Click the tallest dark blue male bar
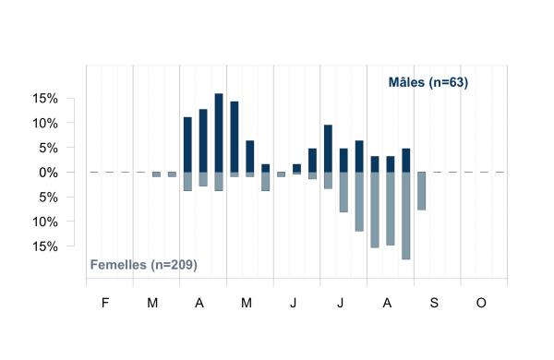coord(219,133)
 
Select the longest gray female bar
coord(406,216)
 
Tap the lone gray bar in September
coord(422,191)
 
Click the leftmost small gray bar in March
coord(157,174)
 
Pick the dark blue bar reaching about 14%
coord(235,137)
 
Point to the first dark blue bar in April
coord(187,145)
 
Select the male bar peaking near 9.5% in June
coord(328,149)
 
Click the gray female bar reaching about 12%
coord(359,202)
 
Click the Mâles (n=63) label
coord(428,82)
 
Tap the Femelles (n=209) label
coord(143,265)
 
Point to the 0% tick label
coord(48,173)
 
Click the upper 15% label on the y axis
coord(45,99)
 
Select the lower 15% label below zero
coord(45,246)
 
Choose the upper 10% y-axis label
coord(45,124)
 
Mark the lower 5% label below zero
coord(48,198)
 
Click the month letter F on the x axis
coord(105,303)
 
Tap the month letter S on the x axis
coord(434,303)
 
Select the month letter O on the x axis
coord(481,303)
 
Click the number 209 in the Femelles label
coord(182,265)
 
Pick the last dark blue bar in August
coord(406,161)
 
